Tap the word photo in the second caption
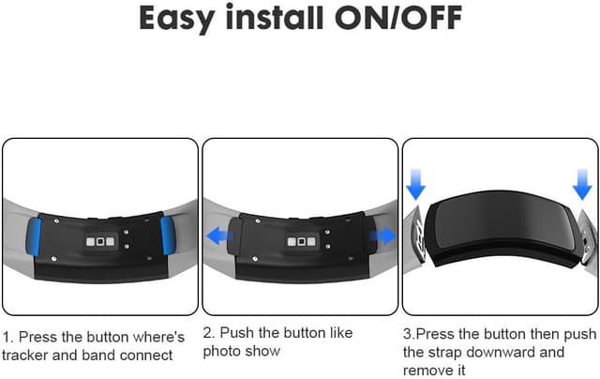(x=223, y=353)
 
